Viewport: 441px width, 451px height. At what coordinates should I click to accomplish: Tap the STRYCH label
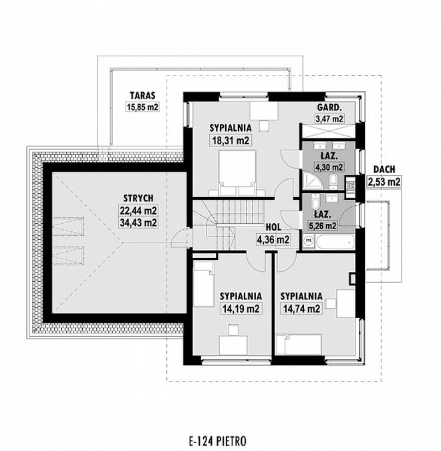pos(139,198)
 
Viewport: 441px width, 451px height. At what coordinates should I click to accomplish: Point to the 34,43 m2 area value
pos(139,222)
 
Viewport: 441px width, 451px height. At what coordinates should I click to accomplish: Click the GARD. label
pos(329,108)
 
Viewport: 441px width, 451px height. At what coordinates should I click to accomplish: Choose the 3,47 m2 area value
pos(329,119)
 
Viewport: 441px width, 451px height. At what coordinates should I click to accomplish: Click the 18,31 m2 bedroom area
pos(230,141)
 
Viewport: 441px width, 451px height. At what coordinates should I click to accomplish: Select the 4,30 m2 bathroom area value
pos(329,167)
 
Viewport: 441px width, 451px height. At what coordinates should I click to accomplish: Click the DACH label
pos(384,170)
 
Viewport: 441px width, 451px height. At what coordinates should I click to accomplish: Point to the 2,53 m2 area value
pos(384,181)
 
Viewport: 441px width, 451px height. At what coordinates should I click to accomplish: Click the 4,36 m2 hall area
pos(273,239)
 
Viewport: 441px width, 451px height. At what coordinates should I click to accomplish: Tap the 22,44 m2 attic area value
pos(139,210)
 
